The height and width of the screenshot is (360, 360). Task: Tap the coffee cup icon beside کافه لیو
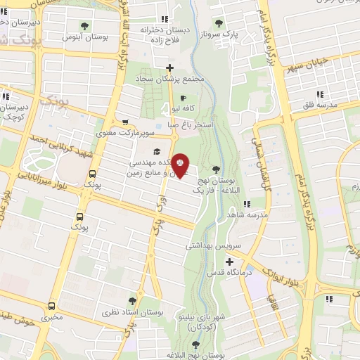click(x=184, y=98)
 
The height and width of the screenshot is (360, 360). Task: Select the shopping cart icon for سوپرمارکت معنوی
click(x=124, y=122)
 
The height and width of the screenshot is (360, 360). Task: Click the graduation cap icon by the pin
click(x=157, y=150)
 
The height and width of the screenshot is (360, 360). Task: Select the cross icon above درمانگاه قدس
click(x=210, y=262)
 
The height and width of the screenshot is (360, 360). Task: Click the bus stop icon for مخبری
click(x=51, y=306)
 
